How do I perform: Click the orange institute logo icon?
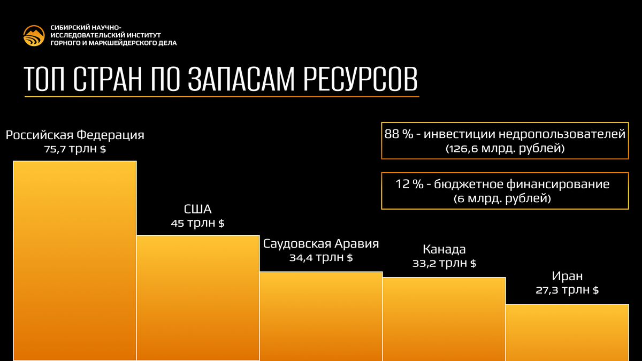click(x=34, y=35)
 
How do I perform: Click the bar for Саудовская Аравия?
click(x=321, y=316)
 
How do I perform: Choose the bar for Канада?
click(x=444, y=319)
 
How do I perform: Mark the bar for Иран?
click(x=567, y=332)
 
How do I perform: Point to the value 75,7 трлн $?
click(x=75, y=149)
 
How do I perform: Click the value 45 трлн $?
click(x=197, y=223)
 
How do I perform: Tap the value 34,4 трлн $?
click(x=321, y=258)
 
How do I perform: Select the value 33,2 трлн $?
click(x=444, y=263)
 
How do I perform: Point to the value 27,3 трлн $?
click(x=567, y=290)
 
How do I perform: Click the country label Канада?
click(x=444, y=249)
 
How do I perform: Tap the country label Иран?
click(x=567, y=276)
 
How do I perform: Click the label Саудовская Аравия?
click(x=321, y=244)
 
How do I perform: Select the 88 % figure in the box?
click(x=399, y=134)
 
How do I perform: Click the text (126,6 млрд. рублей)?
click(x=505, y=149)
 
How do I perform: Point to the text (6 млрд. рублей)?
click(x=505, y=199)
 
